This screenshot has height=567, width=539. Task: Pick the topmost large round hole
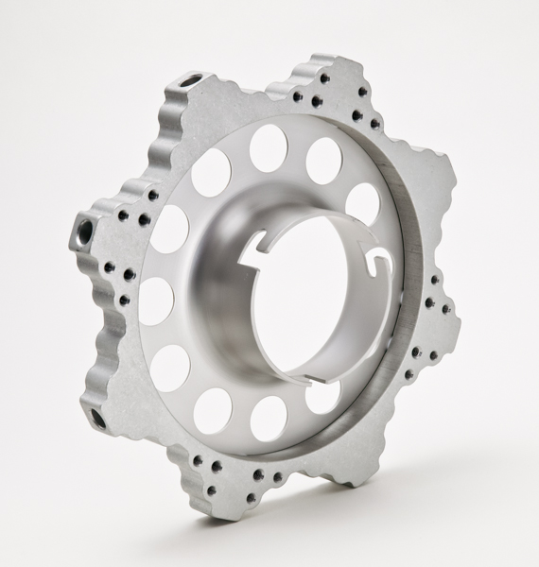point(269,147)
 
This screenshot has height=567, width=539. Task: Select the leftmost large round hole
point(156,301)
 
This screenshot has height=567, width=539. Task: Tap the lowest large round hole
point(269,419)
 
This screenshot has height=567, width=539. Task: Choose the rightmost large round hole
point(363,203)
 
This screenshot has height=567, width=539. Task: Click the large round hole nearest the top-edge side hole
point(210,172)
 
